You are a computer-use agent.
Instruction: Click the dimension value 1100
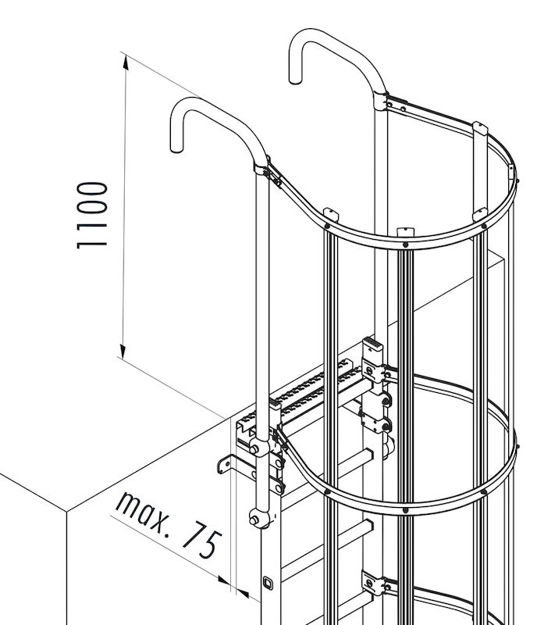click(x=92, y=216)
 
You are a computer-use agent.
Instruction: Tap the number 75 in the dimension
click(x=202, y=543)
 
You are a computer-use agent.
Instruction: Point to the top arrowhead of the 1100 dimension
click(x=126, y=62)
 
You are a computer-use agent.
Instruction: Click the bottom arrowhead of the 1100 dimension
click(x=123, y=351)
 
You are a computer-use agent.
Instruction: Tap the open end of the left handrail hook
click(x=176, y=148)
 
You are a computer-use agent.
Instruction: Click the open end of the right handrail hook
click(x=295, y=80)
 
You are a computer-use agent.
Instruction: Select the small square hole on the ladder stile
click(x=268, y=583)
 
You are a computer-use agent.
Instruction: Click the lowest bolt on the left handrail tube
click(x=254, y=520)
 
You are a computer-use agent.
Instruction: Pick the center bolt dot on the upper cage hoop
click(x=405, y=245)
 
